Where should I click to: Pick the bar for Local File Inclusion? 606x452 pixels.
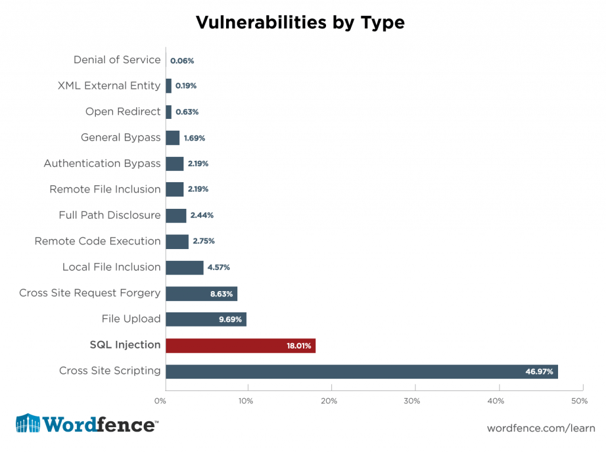coord(184,267)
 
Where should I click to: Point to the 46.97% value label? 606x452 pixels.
coord(539,372)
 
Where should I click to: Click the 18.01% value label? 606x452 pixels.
coord(299,346)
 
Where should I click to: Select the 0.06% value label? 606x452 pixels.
coord(182,60)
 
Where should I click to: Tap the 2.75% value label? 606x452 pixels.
coord(202,241)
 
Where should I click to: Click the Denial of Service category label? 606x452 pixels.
coord(117,60)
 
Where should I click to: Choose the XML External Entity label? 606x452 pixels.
coord(109,86)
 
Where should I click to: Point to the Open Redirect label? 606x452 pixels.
coord(123,112)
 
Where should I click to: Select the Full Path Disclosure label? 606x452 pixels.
coord(109,215)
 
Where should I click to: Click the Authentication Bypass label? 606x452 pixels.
coord(102,163)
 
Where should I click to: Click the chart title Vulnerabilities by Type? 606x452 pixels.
coord(300,22)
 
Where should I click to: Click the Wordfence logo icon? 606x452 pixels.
coord(28,424)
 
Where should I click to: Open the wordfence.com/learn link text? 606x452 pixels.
coord(540,428)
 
